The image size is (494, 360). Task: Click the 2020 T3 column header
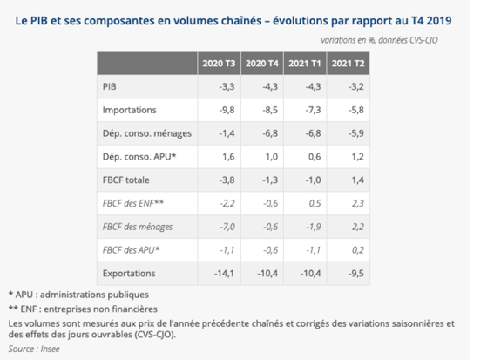tap(219, 64)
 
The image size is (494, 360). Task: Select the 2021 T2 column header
tap(348, 64)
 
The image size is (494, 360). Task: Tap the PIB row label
tap(109, 86)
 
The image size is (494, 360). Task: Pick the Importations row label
tap(130, 110)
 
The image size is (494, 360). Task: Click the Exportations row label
tap(129, 273)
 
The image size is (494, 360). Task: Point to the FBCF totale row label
tap(126, 180)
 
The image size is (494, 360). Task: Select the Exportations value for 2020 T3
tap(224, 273)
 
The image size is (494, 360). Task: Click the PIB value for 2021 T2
tap(356, 86)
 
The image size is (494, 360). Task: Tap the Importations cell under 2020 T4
tap(270, 110)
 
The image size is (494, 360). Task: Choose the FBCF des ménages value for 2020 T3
tap(227, 227)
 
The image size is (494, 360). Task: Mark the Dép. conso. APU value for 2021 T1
tap(315, 156)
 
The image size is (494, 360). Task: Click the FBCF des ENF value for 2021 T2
tap(358, 203)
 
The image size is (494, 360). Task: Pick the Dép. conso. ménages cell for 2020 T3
tap(227, 133)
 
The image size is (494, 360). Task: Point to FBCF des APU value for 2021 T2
tap(358, 249)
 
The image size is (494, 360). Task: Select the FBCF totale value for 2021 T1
tap(313, 180)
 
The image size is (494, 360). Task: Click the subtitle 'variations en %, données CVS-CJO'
tap(379, 40)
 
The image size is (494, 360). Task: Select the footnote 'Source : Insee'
tap(34, 349)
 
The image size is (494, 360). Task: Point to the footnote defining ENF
tap(83, 309)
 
